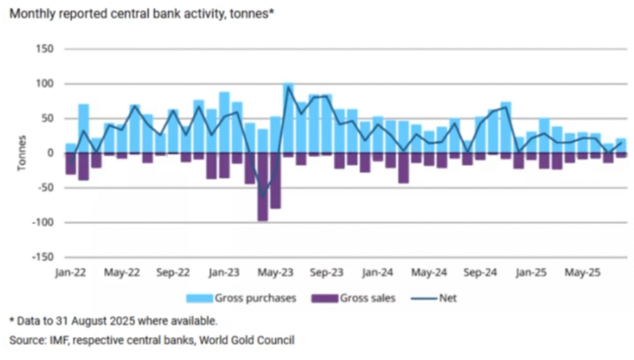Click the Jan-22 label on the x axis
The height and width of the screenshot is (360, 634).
tap(71, 272)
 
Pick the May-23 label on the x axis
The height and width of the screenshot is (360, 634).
tap(276, 272)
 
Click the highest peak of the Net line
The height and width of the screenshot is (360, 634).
tap(289, 87)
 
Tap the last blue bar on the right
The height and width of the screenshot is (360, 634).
tap(621, 146)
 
